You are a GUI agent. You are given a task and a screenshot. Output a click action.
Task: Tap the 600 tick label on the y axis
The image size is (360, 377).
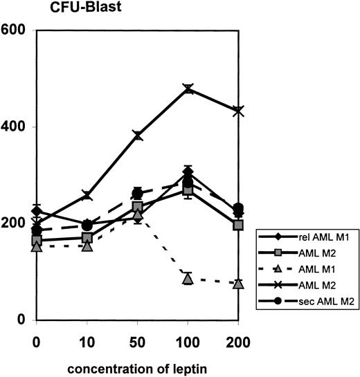[x=15, y=30]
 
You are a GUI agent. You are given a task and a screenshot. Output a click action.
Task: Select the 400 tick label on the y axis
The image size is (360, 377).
[x=15, y=127]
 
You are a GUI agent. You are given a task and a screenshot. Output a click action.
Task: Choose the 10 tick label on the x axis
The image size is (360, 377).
[x=87, y=342]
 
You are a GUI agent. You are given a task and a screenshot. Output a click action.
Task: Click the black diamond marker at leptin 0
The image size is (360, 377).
[x=37, y=211]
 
